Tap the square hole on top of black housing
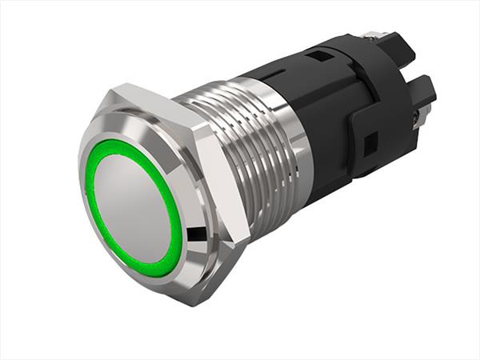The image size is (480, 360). [x=318, y=58]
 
